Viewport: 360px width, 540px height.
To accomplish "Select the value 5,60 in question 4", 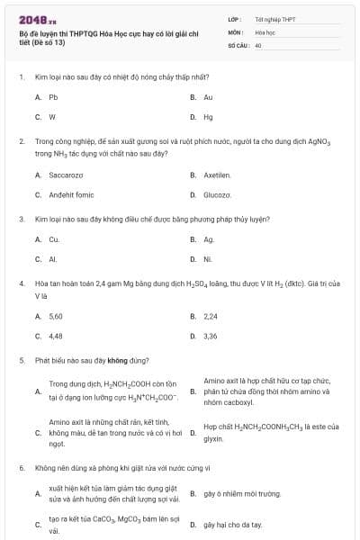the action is click(x=56, y=316).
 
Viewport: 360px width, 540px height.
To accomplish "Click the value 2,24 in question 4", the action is click(x=211, y=316).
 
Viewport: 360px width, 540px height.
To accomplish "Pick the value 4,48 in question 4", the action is click(x=56, y=336).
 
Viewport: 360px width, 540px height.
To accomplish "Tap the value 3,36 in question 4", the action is click(x=211, y=336).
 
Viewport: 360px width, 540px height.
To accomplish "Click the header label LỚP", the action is click(x=235, y=18).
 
